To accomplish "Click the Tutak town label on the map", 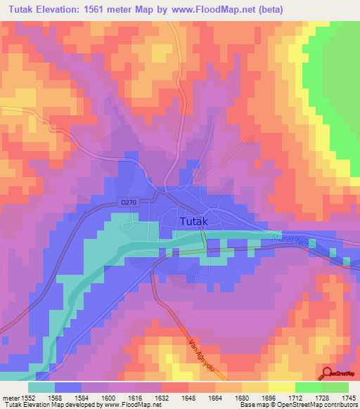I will (194, 221).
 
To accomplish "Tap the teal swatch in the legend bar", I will (42, 387).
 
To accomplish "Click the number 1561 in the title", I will (108, 9).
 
